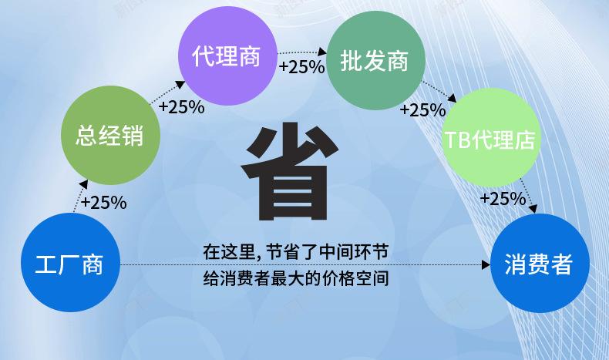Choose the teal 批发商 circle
pyautogui.click(x=376, y=60)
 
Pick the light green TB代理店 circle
pyautogui.click(x=490, y=139)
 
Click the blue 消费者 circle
pyautogui.click(x=538, y=264)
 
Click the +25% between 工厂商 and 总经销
pyautogui.click(x=103, y=203)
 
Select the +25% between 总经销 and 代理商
pyautogui.click(x=181, y=107)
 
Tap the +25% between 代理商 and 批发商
pyautogui.click(x=301, y=67)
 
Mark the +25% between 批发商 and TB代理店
pyautogui.click(x=422, y=109)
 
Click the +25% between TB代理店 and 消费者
pyautogui.click(x=503, y=199)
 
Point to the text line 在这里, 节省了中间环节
pyautogui.click(x=295, y=251)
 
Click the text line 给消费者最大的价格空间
pyautogui.click(x=295, y=278)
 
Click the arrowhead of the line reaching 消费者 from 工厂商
pyautogui.click(x=486, y=264)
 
